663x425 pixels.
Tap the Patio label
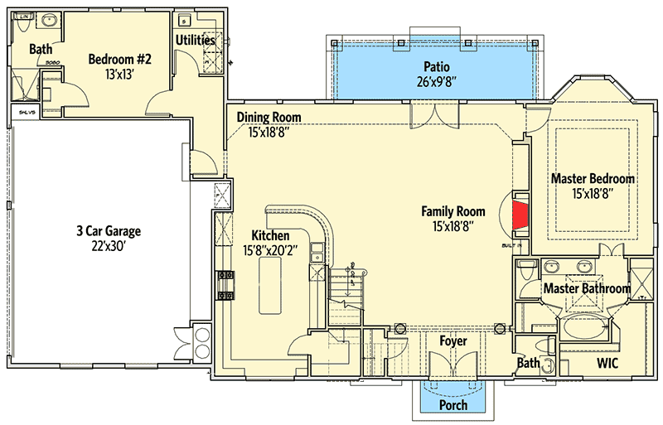436,66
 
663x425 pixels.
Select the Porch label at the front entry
452,405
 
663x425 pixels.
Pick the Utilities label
196,40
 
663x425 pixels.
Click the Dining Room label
269,118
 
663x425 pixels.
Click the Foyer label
452,341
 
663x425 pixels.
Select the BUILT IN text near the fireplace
511,246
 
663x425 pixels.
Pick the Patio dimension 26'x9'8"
436,82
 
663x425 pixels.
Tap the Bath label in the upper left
41,50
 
